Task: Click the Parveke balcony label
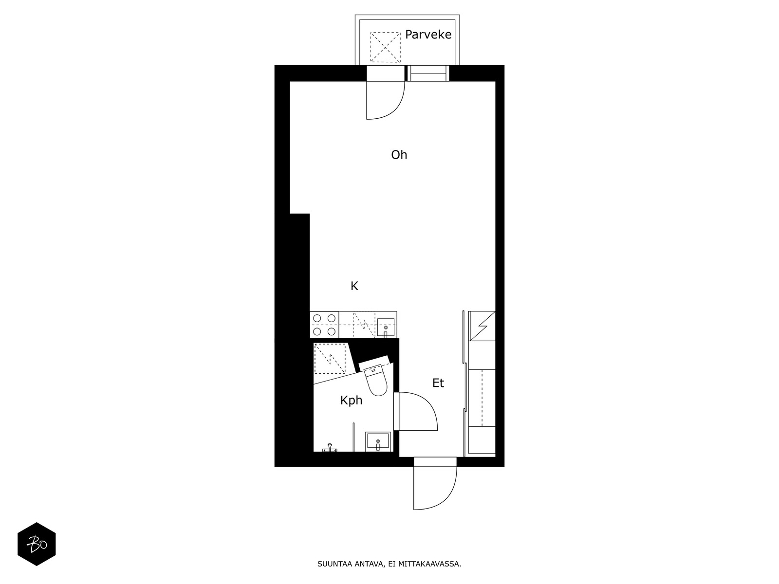[428, 35]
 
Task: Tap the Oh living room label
[399, 155]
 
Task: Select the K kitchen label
[354, 286]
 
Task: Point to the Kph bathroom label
[352, 401]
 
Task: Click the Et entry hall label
[438, 383]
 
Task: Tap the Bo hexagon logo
[37, 544]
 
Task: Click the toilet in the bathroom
[376, 379]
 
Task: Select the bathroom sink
[378, 442]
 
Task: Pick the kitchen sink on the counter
[386, 328]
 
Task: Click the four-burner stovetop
[324, 325]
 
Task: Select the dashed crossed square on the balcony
[386, 47]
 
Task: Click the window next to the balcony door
[428, 73]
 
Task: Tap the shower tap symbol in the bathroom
[330, 448]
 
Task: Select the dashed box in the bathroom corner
[330, 359]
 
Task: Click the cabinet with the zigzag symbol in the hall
[482, 326]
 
